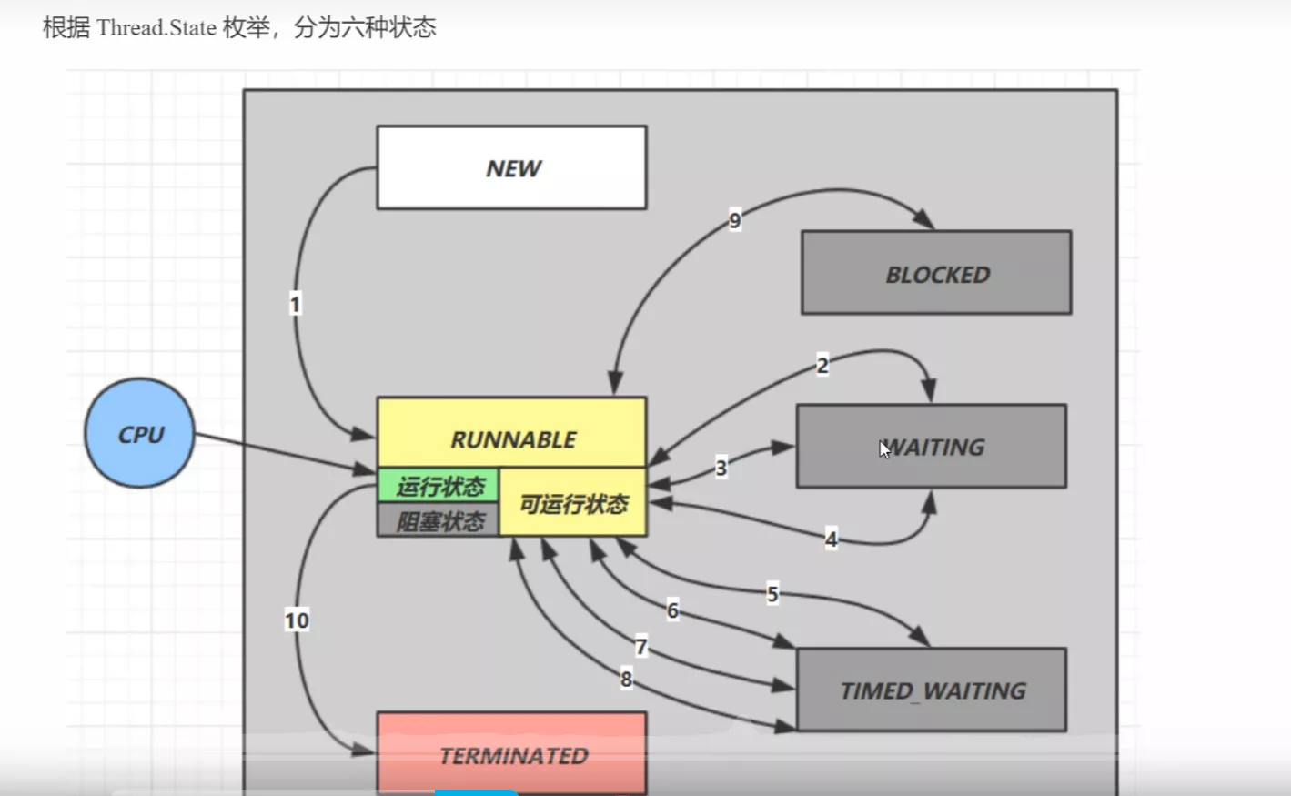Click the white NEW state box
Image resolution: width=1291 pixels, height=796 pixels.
coord(511,167)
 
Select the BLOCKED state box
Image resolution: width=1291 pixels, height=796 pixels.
coord(935,273)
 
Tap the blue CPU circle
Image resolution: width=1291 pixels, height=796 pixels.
coord(139,434)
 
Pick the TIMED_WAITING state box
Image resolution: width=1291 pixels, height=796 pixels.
coord(931,690)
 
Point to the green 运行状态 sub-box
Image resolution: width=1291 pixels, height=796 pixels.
coord(439,486)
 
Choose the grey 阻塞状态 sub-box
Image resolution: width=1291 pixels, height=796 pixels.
coord(439,521)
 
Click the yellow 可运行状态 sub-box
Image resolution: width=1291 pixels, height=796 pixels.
coord(573,504)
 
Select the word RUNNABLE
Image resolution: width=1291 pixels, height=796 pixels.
coord(513,439)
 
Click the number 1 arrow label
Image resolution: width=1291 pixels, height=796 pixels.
coord(295,304)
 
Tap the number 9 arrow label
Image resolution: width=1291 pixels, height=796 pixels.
coord(735,220)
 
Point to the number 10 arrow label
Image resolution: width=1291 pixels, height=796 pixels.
coord(297,620)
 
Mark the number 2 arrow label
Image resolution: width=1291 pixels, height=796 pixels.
coord(822,366)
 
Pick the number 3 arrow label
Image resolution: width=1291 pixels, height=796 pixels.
coord(721,468)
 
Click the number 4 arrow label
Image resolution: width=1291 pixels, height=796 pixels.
coord(831,539)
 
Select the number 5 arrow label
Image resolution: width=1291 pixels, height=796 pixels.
coord(772,594)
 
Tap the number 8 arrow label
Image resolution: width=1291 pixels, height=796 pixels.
coord(626,679)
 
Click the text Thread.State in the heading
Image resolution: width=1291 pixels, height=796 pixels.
coord(156,28)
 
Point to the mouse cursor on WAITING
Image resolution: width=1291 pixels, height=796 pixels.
coord(884,449)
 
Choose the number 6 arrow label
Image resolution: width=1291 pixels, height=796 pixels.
coord(672,610)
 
